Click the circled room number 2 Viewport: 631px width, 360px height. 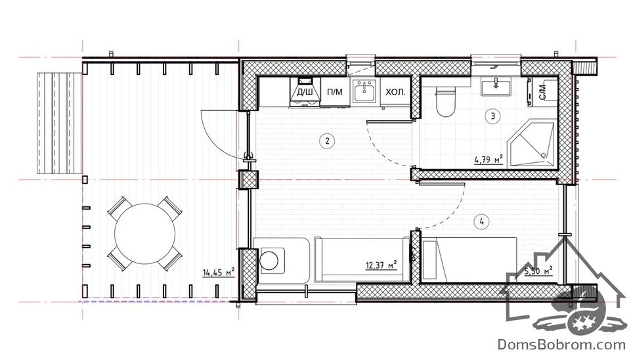(x=327, y=141)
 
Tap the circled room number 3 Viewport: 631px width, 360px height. (x=492, y=116)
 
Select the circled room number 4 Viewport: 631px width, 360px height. (x=481, y=221)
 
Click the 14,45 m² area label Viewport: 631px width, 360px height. (x=219, y=273)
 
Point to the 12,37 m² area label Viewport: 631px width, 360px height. (x=381, y=265)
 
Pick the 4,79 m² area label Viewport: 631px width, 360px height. (x=489, y=160)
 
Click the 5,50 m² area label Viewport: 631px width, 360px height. (x=538, y=271)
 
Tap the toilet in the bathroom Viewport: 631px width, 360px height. (x=445, y=102)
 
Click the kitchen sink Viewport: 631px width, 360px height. (x=364, y=91)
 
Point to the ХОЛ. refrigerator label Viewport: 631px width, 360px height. (x=395, y=92)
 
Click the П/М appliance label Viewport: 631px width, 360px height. (x=335, y=92)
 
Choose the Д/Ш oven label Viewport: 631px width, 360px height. (x=305, y=92)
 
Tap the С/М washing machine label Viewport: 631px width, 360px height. (x=543, y=91)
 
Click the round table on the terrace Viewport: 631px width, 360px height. (x=145, y=234)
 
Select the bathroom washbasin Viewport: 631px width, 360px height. (x=496, y=87)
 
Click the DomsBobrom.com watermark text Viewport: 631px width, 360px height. (x=561, y=345)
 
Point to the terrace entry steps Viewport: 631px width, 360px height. (x=59, y=124)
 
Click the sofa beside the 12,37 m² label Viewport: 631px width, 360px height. (x=362, y=259)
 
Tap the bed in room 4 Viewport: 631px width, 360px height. (x=469, y=259)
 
